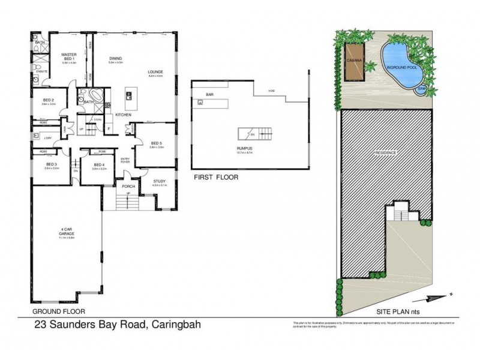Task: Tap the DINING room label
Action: coord(115,58)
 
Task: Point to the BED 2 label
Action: coord(49,100)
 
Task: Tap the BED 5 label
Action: coord(156,143)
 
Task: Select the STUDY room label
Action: coord(159,181)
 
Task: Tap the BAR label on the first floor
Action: coord(210,94)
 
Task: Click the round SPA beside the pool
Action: coord(424,89)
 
